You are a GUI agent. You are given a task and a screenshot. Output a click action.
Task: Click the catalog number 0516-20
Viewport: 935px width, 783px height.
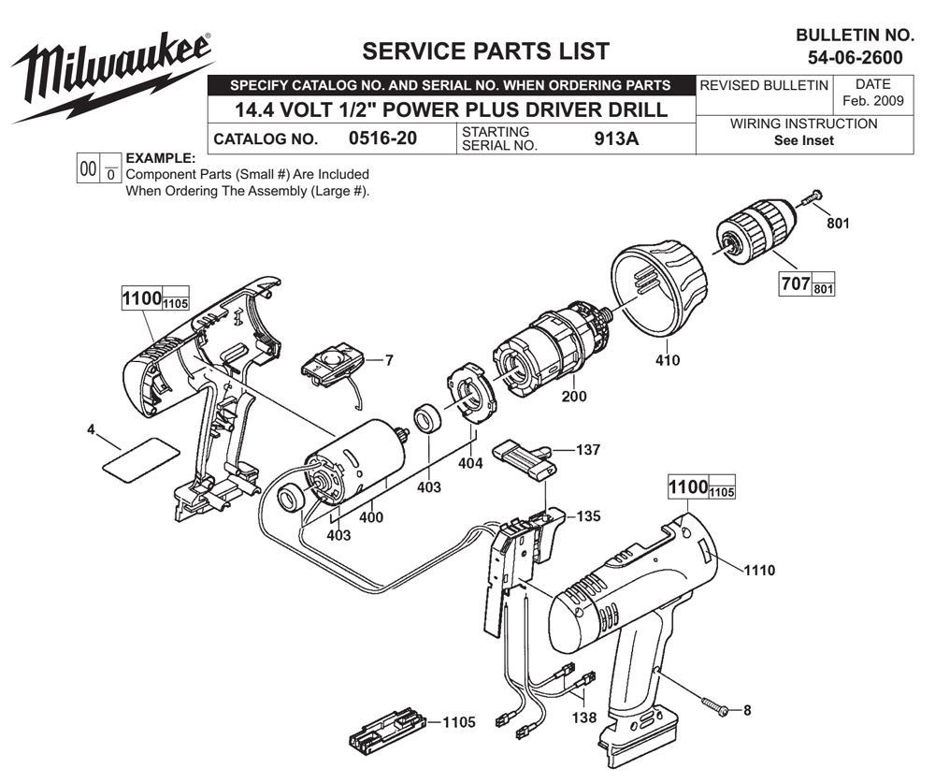382,139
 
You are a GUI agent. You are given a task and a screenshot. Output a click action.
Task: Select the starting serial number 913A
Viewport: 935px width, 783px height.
618,139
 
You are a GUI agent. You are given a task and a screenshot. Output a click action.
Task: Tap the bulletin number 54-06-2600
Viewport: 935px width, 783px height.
855,58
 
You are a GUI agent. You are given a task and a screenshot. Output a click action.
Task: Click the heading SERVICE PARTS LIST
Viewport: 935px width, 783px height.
485,51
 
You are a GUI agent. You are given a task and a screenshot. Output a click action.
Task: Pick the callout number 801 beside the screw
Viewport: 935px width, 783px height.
838,225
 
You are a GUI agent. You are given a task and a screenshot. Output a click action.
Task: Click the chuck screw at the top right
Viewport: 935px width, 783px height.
810,198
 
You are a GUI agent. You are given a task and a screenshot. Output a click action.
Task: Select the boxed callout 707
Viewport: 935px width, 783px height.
795,283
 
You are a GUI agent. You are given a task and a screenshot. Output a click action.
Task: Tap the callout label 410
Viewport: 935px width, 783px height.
668,360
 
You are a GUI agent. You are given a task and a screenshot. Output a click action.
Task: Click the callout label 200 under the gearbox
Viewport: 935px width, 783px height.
574,397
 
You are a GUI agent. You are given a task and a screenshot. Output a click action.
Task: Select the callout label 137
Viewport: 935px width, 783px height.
588,450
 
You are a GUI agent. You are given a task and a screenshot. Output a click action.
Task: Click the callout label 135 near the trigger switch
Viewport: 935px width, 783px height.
588,515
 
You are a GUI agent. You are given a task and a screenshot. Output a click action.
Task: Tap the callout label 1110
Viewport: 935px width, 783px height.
758,568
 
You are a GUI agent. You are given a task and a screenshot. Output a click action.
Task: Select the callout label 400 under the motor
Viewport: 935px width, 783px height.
371,516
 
